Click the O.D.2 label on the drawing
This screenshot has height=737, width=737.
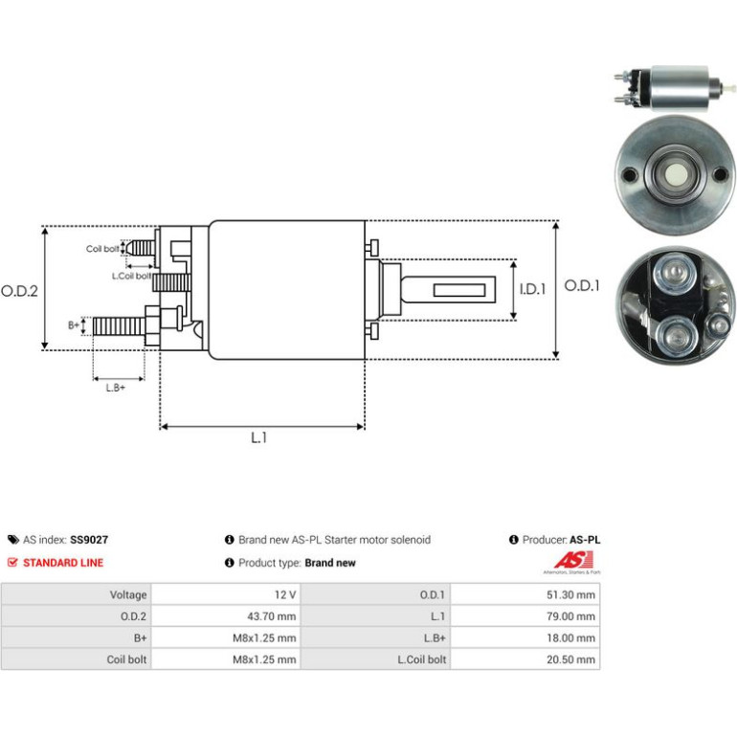coord(19,291)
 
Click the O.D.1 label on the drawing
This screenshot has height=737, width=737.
coord(582,285)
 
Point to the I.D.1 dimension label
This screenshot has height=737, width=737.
coord(532,289)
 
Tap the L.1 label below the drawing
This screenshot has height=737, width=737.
coord(258,437)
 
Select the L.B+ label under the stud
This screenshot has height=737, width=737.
coord(116,388)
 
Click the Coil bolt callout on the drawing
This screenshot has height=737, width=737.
coord(102,249)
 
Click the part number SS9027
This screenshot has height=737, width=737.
coord(89,540)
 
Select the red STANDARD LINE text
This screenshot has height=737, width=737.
coord(63,563)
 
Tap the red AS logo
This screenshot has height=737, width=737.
coord(573,560)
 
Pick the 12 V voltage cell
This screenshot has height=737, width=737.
coord(285,594)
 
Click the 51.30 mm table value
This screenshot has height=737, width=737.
coord(570,594)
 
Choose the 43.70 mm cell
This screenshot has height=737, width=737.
coord(272,616)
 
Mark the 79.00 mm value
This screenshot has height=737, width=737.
coord(570,616)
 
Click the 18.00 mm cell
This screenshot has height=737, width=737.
coord(570,637)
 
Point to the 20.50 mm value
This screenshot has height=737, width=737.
coord(570,659)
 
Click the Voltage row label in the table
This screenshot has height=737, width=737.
coord(128,594)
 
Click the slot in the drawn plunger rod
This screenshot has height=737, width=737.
coord(459,290)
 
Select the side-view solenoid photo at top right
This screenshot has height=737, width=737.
coord(675,89)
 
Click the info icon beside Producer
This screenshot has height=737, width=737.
coord(513,540)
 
